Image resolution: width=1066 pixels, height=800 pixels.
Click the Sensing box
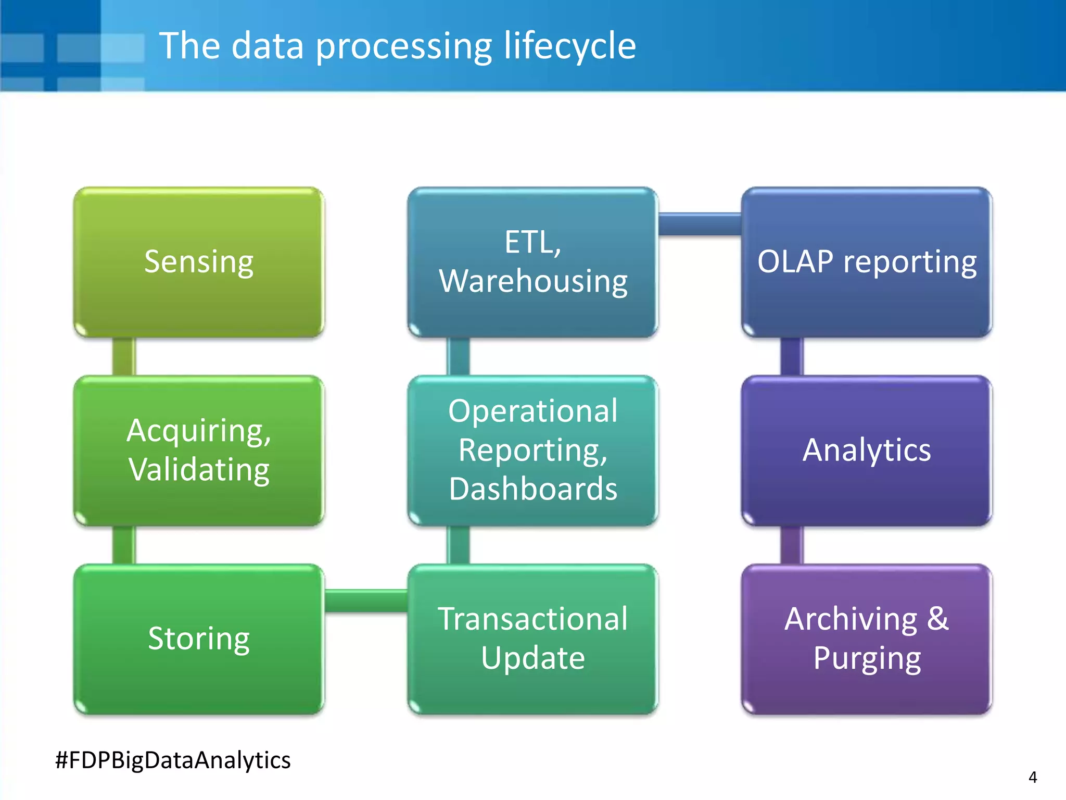tap(199, 262)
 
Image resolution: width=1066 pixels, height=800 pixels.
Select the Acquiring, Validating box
tap(199, 451)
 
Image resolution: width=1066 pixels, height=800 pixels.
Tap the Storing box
tap(199, 639)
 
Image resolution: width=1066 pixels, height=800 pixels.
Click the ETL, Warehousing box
tap(533, 262)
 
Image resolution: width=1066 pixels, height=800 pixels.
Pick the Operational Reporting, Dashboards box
tap(533, 451)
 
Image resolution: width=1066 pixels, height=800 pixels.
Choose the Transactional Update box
tap(533, 639)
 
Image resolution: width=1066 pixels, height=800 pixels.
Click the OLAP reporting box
tap(867, 262)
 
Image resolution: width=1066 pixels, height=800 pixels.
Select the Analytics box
tap(867, 451)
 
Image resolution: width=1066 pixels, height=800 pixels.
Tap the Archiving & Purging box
tap(867, 639)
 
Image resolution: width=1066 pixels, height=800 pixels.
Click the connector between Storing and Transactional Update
tap(366, 601)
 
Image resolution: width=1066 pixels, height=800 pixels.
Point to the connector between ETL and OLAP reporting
tap(700, 224)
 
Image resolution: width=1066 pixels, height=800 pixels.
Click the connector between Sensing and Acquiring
tap(124, 356)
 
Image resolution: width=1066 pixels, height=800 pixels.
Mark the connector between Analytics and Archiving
tap(792, 545)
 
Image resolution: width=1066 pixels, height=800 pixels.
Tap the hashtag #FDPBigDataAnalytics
tap(173, 760)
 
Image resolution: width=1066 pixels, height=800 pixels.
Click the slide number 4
tap(1033, 778)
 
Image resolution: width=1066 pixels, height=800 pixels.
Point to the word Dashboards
tap(533, 489)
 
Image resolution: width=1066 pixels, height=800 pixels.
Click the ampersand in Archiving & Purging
tap(937, 619)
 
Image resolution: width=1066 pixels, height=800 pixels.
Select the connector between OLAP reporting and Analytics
tap(792, 356)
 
